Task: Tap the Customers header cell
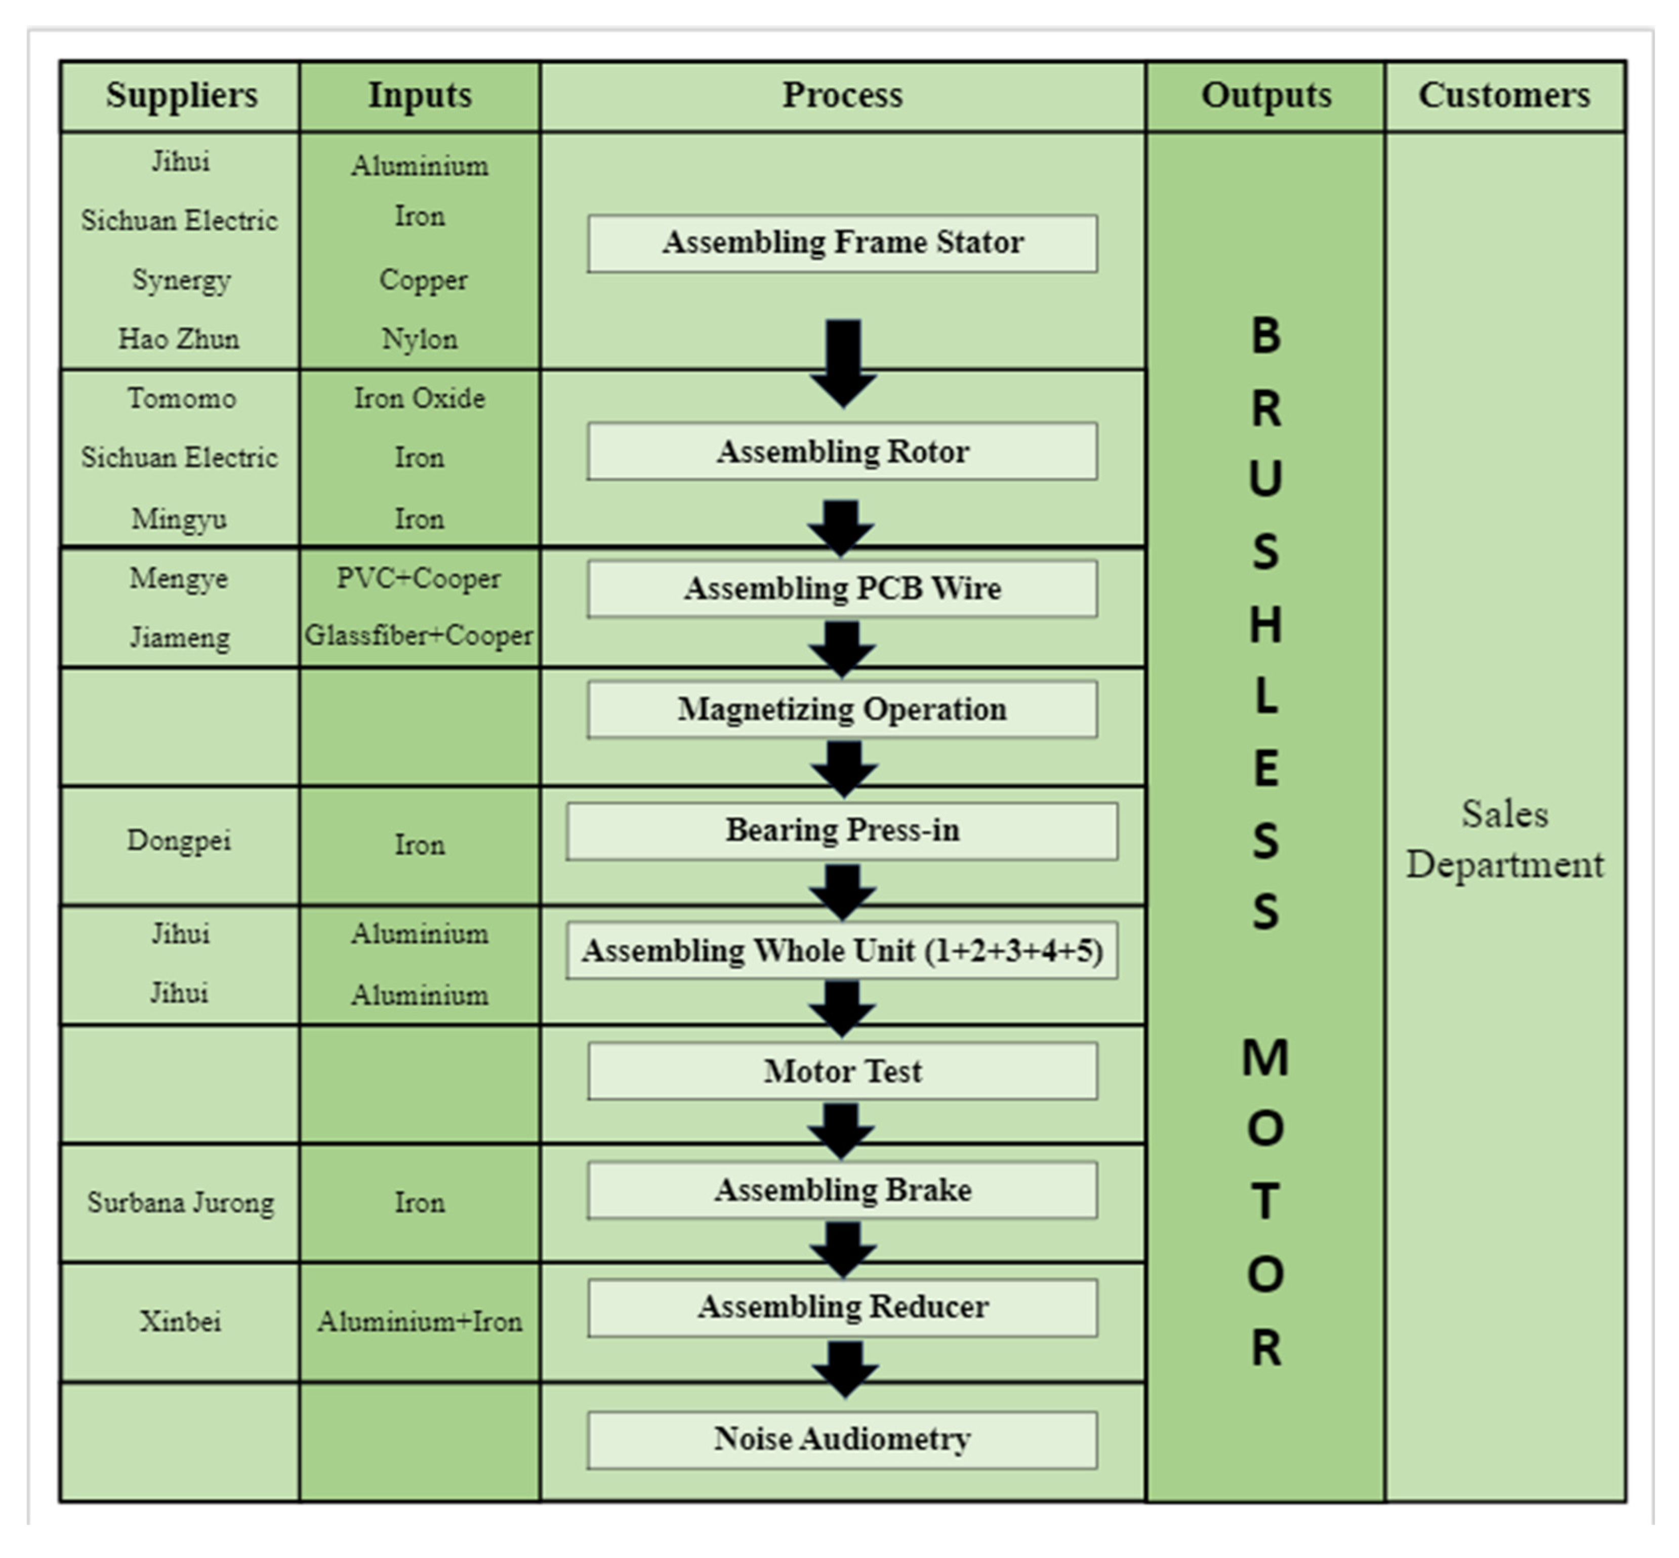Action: (1504, 95)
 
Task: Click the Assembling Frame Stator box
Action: (842, 243)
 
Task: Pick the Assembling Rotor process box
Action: (842, 451)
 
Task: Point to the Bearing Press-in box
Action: (842, 830)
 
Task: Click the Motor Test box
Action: (842, 1071)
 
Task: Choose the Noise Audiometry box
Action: (842, 1439)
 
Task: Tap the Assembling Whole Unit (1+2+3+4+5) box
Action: (842, 950)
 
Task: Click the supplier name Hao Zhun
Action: (179, 339)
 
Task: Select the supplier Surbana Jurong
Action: (180, 1202)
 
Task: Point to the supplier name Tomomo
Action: (181, 398)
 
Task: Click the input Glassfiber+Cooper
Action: (419, 635)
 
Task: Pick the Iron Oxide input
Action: (419, 398)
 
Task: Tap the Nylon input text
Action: (419, 339)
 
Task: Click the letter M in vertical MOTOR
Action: (1265, 1057)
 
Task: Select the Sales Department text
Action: (1504, 840)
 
